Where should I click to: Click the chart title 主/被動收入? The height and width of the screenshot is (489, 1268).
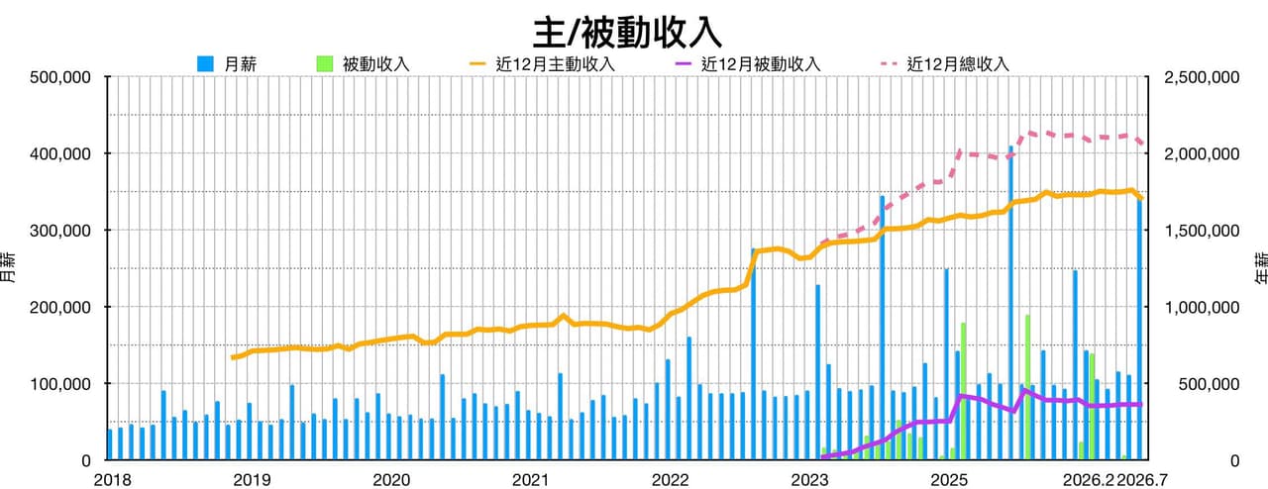[x=627, y=33]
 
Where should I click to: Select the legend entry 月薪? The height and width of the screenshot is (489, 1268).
[x=227, y=64]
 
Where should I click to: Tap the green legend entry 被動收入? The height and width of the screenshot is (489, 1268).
[x=363, y=64]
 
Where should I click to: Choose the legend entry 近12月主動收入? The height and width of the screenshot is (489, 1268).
[x=542, y=64]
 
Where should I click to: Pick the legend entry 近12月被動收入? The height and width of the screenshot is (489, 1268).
[x=748, y=64]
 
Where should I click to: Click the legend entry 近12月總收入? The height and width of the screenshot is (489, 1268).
[x=945, y=64]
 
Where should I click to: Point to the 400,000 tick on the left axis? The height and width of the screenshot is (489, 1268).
[x=60, y=154]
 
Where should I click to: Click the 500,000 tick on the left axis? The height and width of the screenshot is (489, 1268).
[x=60, y=77]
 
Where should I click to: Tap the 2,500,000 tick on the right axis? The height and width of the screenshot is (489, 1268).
[x=1202, y=77]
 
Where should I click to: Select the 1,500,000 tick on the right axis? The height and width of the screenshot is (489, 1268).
[x=1202, y=231]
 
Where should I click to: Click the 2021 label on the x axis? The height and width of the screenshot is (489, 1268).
[x=530, y=480]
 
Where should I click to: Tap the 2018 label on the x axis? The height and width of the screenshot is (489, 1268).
[x=112, y=480]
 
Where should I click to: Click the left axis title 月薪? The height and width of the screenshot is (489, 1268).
[x=10, y=267]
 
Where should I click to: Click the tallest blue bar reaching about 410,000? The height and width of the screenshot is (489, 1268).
[x=1010, y=302]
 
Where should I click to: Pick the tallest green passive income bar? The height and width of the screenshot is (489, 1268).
[x=1027, y=387]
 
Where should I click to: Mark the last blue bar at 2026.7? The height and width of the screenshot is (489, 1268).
[x=1139, y=329]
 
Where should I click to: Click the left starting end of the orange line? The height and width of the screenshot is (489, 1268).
[x=233, y=357]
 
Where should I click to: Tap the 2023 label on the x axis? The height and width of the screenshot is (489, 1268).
[x=809, y=480]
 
